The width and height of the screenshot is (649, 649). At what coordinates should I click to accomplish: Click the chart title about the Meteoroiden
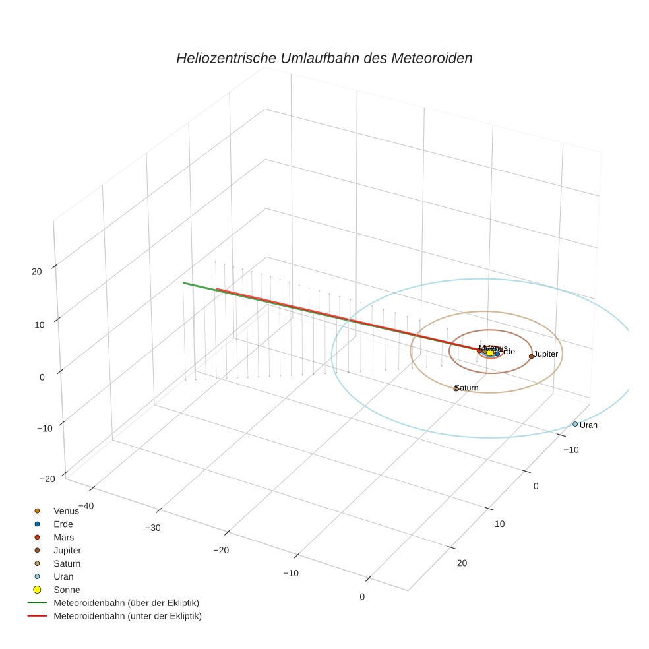pos(324,58)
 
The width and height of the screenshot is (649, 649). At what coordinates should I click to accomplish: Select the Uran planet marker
pos(575,424)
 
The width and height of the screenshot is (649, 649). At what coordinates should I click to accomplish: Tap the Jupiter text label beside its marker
pos(546,354)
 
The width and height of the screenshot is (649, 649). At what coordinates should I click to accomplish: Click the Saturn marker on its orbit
pos(456,388)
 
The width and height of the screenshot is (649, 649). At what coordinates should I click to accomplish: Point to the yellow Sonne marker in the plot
pos(490,353)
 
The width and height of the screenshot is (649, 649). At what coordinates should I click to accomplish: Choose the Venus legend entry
pos(66,510)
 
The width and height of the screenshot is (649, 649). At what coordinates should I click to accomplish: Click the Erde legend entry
pos(63,524)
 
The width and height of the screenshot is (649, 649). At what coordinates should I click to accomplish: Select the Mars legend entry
pos(63,537)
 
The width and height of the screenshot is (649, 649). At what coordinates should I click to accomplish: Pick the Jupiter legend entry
pos(67,550)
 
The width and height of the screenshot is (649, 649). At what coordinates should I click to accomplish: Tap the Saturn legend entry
pos(67,563)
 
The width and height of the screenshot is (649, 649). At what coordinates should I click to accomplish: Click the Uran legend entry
pos(63,576)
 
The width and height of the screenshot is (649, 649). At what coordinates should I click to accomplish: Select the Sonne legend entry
pos(66,590)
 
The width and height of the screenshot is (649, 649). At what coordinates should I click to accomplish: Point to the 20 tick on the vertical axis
pos(36,271)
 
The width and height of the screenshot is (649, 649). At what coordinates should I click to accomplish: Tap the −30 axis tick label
pos(153,528)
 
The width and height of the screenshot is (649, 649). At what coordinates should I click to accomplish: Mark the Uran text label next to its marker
pos(588,425)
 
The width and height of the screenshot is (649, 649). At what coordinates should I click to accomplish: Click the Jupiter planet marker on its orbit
pos(531,356)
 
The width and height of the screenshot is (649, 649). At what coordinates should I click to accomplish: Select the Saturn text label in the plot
pos(468,388)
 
